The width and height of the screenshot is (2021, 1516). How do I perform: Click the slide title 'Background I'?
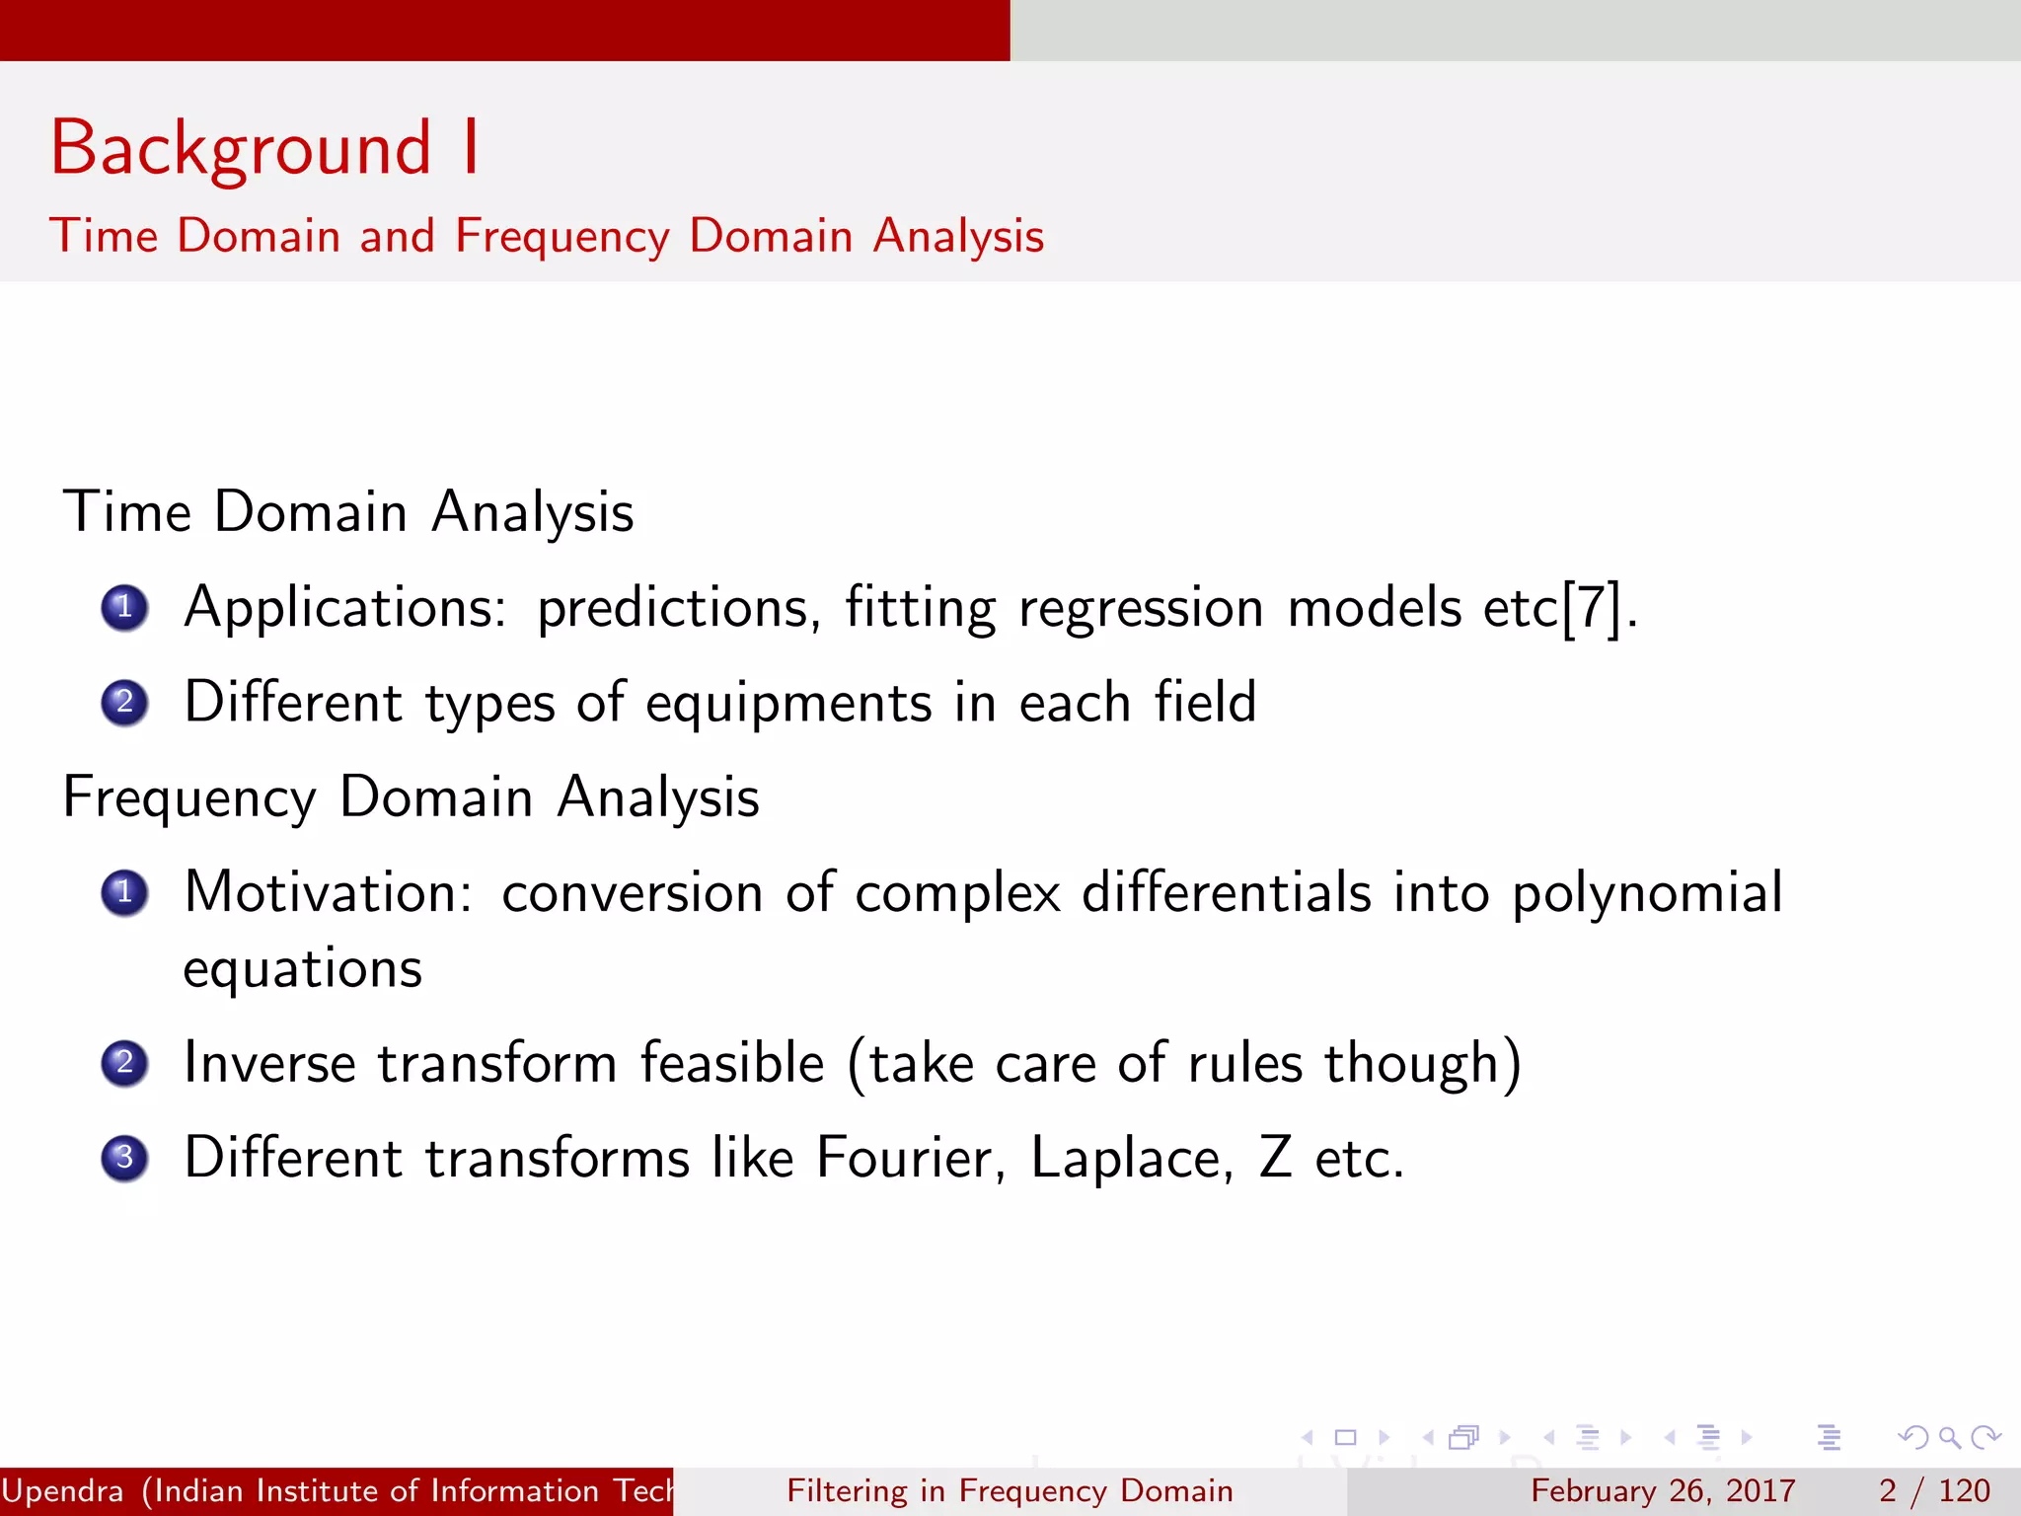pyautogui.click(x=264, y=148)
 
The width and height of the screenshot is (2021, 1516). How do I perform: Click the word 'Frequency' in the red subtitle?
pyautogui.click(x=561, y=237)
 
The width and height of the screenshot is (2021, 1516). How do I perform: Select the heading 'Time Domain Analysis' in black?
pyautogui.click(x=348, y=512)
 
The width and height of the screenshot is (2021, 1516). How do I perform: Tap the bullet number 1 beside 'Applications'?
pyautogui.click(x=124, y=608)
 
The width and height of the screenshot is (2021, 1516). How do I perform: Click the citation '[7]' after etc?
pyautogui.click(x=1592, y=608)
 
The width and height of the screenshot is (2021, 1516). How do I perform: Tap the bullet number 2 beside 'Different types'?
pyautogui.click(x=124, y=703)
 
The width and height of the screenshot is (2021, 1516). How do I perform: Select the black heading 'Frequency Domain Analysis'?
pyautogui.click(x=411, y=797)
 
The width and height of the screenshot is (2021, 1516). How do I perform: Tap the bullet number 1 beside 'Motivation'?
pyautogui.click(x=124, y=893)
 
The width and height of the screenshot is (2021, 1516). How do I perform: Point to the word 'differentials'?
pyautogui.click(x=1227, y=892)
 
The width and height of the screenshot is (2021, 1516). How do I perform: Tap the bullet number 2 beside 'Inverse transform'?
pyautogui.click(x=124, y=1064)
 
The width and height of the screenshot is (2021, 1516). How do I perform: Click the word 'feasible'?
pyautogui.click(x=731, y=1063)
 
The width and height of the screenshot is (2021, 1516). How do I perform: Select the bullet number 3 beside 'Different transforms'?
pyautogui.click(x=124, y=1158)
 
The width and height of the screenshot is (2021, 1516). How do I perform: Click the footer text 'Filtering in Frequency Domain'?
pyautogui.click(x=1010, y=1490)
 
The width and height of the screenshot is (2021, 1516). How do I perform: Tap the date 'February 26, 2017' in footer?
pyautogui.click(x=1663, y=1490)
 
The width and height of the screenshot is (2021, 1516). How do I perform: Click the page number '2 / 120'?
pyautogui.click(x=1934, y=1490)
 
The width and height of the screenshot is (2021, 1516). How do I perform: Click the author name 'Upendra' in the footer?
pyautogui.click(x=63, y=1490)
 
